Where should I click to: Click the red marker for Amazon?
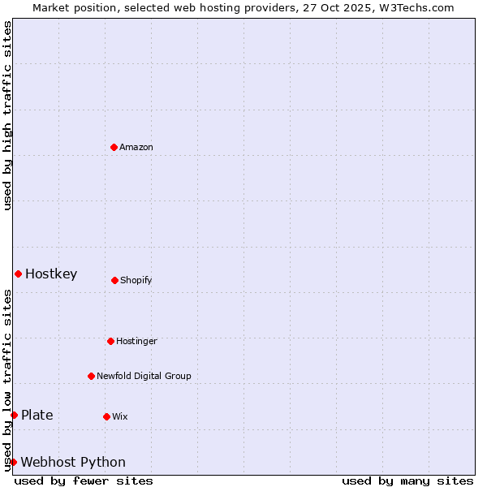[x=114, y=147]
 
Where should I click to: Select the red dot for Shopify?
[x=114, y=280]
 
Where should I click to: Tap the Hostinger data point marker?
[x=110, y=341]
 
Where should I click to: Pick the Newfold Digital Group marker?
[x=91, y=376]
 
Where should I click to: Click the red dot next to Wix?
[x=106, y=416]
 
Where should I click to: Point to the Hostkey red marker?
[x=18, y=274]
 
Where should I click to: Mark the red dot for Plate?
[x=14, y=415]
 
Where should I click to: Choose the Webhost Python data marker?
[x=13, y=462]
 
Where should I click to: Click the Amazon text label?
[x=136, y=147]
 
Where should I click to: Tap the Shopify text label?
[x=136, y=280]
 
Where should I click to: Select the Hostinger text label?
[x=136, y=341]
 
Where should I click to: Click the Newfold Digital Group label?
[x=144, y=376]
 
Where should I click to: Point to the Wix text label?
[x=120, y=416]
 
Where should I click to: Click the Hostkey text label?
[x=51, y=274]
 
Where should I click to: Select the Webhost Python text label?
[x=73, y=462]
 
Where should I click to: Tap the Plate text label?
[x=37, y=415]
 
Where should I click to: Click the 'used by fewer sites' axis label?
[x=84, y=481]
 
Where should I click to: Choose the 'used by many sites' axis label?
[x=407, y=481]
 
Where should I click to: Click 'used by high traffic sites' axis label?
[x=7, y=115]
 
